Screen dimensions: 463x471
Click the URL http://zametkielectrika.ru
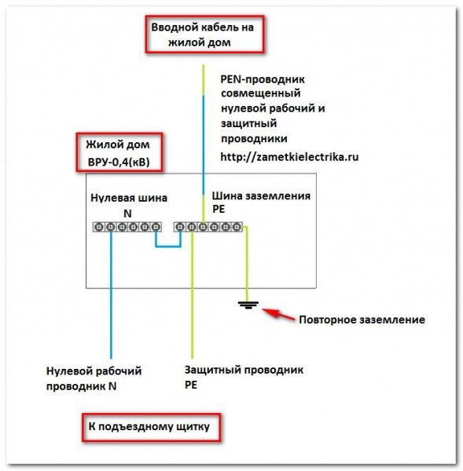point(289,157)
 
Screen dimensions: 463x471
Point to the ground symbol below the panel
point(248,305)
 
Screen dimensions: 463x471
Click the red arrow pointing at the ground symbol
point(278,315)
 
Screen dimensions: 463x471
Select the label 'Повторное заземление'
point(362,319)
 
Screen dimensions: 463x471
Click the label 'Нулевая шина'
point(129,198)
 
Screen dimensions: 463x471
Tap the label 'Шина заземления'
point(261,195)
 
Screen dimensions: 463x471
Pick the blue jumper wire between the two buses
point(168,246)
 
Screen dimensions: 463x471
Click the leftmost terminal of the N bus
point(99,227)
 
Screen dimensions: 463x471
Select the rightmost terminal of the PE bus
point(237,227)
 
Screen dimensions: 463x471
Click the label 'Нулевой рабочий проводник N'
point(94,378)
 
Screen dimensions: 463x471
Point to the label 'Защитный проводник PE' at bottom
point(244,377)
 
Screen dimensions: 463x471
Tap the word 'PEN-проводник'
point(263,79)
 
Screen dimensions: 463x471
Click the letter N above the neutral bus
point(127,214)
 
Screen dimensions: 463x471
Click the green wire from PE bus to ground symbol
point(247,265)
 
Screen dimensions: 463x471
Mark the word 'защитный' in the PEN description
point(249,123)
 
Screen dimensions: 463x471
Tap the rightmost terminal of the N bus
point(156,227)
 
